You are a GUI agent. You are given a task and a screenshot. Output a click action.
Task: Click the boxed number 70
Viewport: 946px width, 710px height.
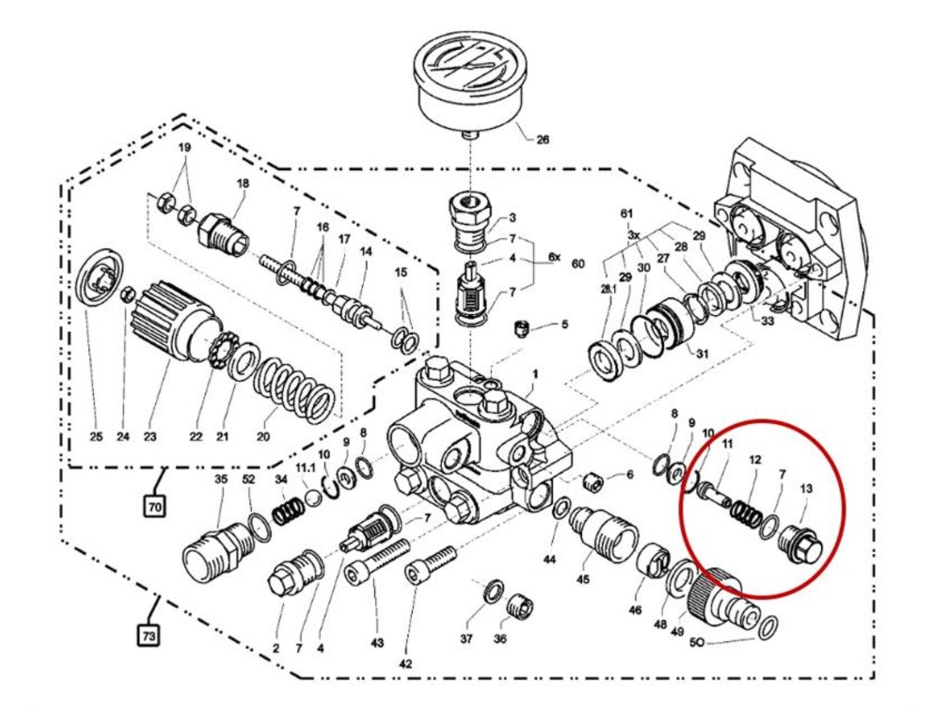point(155,506)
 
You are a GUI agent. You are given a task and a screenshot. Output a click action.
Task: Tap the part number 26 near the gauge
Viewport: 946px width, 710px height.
point(542,140)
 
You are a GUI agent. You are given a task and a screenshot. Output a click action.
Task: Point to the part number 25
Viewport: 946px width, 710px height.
point(96,437)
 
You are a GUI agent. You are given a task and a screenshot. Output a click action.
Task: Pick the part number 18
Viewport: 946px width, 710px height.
point(243,183)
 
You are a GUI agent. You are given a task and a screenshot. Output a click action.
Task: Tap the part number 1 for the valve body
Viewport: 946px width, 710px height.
point(535,375)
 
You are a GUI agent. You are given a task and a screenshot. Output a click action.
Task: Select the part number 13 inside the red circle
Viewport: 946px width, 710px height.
point(806,489)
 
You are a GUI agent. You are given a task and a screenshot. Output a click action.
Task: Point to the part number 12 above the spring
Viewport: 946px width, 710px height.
point(755,460)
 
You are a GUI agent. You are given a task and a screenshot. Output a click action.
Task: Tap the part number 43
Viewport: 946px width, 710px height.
point(377,643)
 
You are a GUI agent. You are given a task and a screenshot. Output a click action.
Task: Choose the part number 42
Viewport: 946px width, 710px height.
point(405,664)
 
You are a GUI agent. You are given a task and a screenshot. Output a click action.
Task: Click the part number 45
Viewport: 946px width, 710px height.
point(583,579)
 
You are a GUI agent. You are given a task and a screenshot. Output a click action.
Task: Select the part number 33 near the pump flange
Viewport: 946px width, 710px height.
point(767,321)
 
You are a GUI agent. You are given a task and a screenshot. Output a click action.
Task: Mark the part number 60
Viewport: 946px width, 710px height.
point(578,263)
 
